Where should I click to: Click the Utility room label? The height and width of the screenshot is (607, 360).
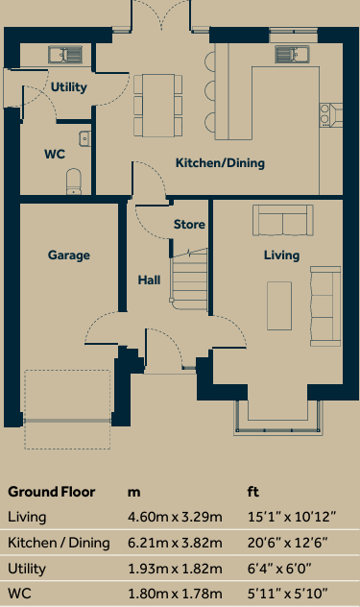[x=69, y=87]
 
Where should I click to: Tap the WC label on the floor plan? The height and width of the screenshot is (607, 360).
[x=55, y=154]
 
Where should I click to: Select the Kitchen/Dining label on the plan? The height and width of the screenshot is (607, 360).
[x=220, y=163]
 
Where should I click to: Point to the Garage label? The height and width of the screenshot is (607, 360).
[x=68, y=255]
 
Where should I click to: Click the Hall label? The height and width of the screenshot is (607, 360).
[x=149, y=280]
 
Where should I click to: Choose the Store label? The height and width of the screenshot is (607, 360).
[x=189, y=225]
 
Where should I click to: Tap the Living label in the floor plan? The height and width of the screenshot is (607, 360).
[x=282, y=255]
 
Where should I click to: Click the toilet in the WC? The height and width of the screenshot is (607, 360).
[x=74, y=182]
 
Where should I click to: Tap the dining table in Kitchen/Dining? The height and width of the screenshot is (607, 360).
[x=157, y=102]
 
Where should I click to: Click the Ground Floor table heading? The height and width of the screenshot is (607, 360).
[x=51, y=492]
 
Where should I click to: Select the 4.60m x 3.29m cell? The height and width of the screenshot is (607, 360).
[x=175, y=518]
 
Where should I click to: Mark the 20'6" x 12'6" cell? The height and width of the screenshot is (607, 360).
[x=287, y=543]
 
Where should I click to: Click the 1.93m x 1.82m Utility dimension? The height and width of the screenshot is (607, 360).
[x=175, y=569]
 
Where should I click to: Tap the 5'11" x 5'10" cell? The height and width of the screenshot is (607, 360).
[x=286, y=594]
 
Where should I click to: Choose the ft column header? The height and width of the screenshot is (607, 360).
[x=253, y=492]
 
